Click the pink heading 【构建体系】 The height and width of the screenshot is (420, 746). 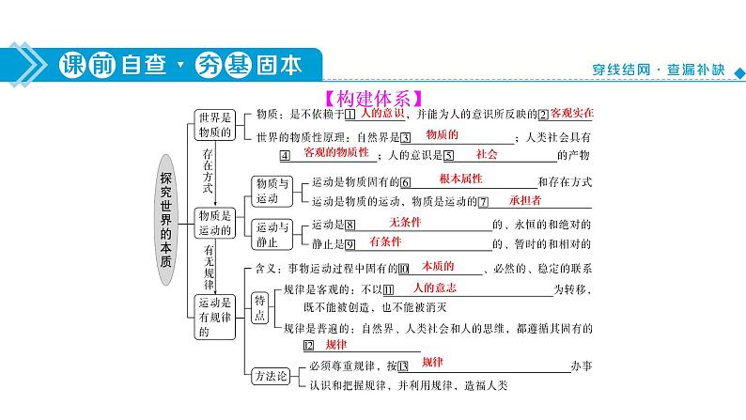(x=374, y=99)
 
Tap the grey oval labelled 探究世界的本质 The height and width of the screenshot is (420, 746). (x=165, y=220)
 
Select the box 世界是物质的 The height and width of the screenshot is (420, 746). (x=214, y=125)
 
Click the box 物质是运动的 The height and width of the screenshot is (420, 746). (x=214, y=223)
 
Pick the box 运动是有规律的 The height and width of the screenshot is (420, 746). (x=214, y=317)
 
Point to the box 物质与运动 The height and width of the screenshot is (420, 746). (x=272, y=192)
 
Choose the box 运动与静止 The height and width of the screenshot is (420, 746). (x=272, y=235)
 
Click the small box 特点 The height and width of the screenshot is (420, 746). (x=259, y=308)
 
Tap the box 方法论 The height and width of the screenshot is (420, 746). (x=271, y=376)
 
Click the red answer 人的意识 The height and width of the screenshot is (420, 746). (x=382, y=113)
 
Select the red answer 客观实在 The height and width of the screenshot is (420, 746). (x=572, y=113)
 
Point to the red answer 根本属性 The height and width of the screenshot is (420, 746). (x=460, y=179)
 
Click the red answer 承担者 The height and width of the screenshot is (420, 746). (x=525, y=200)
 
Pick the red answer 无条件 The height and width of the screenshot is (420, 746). (x=405, y=222)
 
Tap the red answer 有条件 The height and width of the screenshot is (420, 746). (x=385, y=241)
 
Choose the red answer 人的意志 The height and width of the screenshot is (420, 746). (x=434, y=288)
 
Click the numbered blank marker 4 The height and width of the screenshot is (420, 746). (x=285, y=156)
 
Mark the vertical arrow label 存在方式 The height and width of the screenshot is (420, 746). (x=208, y=171)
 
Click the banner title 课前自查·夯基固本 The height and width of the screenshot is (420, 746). (x=180, y=65)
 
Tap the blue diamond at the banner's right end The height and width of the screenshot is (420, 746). (x=739, y=72)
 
